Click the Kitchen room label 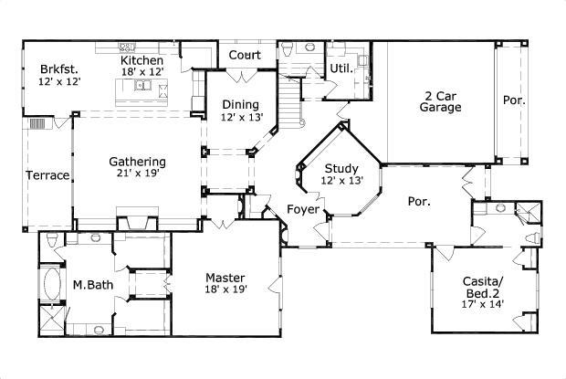coord(141,60)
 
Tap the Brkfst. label coord(59,68)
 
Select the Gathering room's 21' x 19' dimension coord(138,174)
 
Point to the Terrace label coord(47,175)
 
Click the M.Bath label coord(93,285)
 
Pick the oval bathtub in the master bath coord(52,284)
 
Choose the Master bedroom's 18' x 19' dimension coord(226,290)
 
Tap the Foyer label coord(303,209)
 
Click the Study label coord(341,169)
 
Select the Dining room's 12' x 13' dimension coord(242,117)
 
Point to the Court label coord(245,55)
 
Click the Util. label coord(341,68)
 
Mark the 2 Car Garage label coord(440,101)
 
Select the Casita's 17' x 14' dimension coord(483,304)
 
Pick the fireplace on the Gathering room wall coord(137,219)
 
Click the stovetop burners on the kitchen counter coord(127,47)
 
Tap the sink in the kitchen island coord(143,85)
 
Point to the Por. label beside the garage coord(514,100)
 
